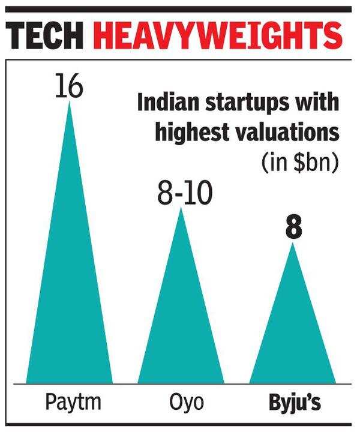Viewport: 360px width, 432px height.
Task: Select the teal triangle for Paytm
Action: pos(70,300)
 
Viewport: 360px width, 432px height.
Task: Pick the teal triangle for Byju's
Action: pos(292,336)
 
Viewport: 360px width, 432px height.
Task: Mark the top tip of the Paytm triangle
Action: pos(70,102)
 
